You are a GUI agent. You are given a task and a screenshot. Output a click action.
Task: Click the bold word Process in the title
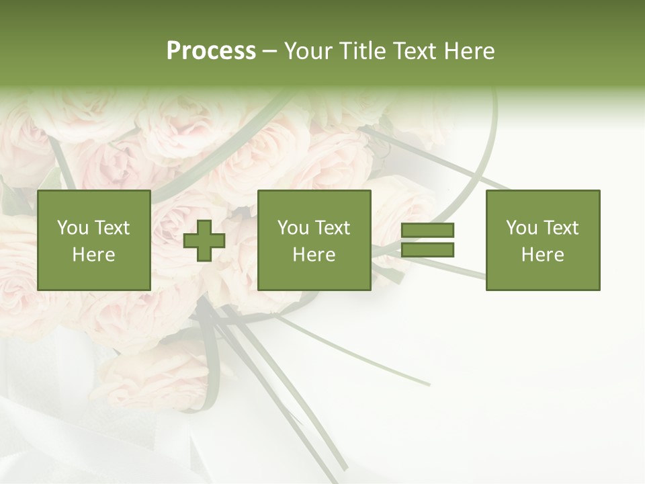(x=211, y=51)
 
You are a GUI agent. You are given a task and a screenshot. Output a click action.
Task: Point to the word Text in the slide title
(x=415, y=51)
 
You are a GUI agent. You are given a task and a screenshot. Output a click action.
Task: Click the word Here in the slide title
(x=469, y=51)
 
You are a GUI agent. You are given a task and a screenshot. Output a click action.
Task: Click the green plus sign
(x=204, y=241)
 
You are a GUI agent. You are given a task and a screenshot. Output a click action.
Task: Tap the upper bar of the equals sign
(x=427, y=231)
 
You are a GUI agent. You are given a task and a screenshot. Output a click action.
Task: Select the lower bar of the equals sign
(x=427, y=250)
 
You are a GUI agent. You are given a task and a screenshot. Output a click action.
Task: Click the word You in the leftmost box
(x=73, y=228)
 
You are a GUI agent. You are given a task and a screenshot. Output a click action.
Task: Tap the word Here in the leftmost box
(x=93, y=255)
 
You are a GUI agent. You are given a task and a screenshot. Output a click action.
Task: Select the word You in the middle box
(x=293, y=228)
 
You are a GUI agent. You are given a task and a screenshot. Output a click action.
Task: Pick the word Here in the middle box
(x=314, y=255)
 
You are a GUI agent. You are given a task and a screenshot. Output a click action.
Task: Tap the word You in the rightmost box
(x=521, y=228)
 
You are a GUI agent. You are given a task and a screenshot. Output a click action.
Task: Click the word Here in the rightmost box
(x=542, y=255)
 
